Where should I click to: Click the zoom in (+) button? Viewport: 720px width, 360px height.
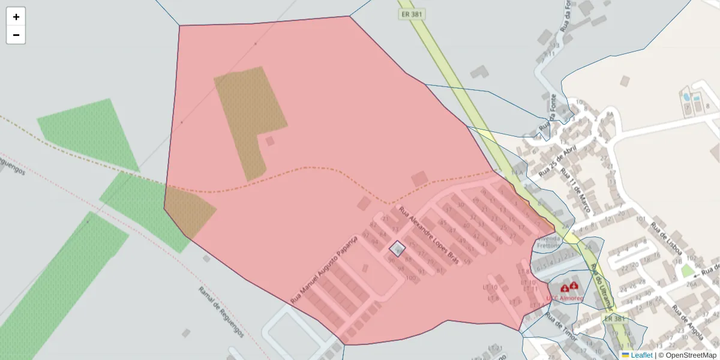coord(16,17)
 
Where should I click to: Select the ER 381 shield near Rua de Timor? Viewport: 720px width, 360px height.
coord(616,319)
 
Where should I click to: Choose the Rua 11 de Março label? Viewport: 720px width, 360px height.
coord(575,192)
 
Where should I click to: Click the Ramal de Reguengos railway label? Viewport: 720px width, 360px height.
coord(221,311)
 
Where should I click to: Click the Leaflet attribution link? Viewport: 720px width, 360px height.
coord(641,355)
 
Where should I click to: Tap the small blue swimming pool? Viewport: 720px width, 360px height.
coord(686,97)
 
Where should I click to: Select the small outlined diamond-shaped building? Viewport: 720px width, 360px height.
coord(397,248)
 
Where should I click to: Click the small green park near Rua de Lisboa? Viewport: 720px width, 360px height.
coord(687,271)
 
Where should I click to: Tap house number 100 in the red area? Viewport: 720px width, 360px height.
coord(411,278)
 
